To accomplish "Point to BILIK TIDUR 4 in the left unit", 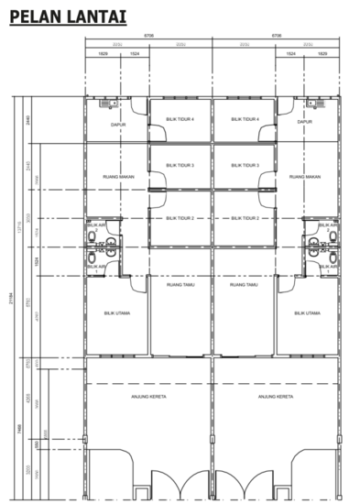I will [x=180, y=118].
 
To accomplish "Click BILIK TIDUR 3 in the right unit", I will [x=245, y=166].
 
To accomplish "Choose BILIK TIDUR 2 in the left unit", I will [x=180, y=218].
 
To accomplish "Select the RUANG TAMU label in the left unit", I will [x=180, y=285].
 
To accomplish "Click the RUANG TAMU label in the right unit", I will [x=245, y=285].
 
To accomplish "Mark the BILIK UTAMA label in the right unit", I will [x=307, y=312].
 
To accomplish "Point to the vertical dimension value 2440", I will [x=30, y=119].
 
